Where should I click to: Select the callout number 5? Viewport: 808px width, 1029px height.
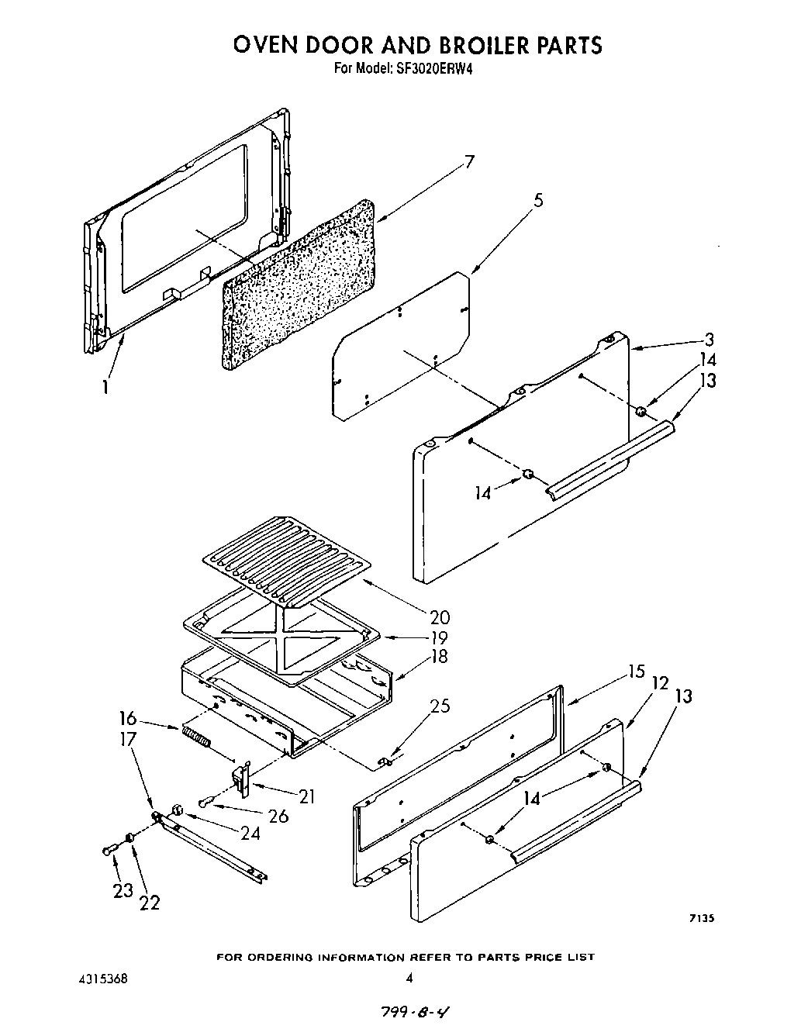click(538, 200)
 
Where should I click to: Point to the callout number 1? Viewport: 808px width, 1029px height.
click(105, 385)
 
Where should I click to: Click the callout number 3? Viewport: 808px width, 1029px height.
click(709, 339)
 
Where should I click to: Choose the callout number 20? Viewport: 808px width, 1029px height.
click(439, 617)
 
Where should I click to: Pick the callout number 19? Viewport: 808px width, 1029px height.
click(439, 637)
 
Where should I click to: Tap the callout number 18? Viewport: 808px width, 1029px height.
click(439, 657)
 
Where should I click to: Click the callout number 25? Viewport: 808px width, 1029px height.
click(440, 706)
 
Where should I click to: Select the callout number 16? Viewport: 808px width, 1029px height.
click(128, 718)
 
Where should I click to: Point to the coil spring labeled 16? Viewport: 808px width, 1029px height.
click(195, 734)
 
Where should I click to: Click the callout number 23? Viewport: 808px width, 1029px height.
click(123, 891)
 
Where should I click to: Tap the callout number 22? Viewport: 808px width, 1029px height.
click(149, 902)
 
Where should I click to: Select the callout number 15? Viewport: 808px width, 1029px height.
click(636, 672)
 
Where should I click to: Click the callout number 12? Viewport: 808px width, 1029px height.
click(660, 683)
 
